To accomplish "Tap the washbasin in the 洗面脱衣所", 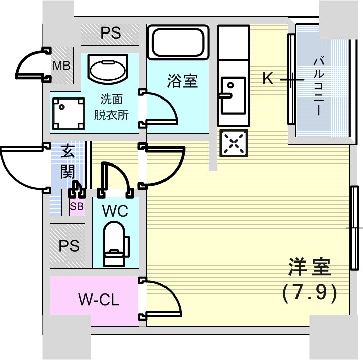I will (x=108, y=69).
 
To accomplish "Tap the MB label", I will (x=62, y=66).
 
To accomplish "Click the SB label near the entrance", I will (x=77, y=206).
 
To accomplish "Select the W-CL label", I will (x=98, y=300).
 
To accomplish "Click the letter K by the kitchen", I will (x=268, y=79).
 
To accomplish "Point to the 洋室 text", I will (x=309, y=267).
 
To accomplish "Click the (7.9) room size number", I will (x=309, y=292).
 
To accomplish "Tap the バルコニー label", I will (x=319, y=86).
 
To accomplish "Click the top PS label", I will (x=110, y=34).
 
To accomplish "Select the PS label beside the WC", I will (x=69, y=246).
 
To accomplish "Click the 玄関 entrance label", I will (x=68, y=161).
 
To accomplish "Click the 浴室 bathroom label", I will (x=182, y=81).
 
